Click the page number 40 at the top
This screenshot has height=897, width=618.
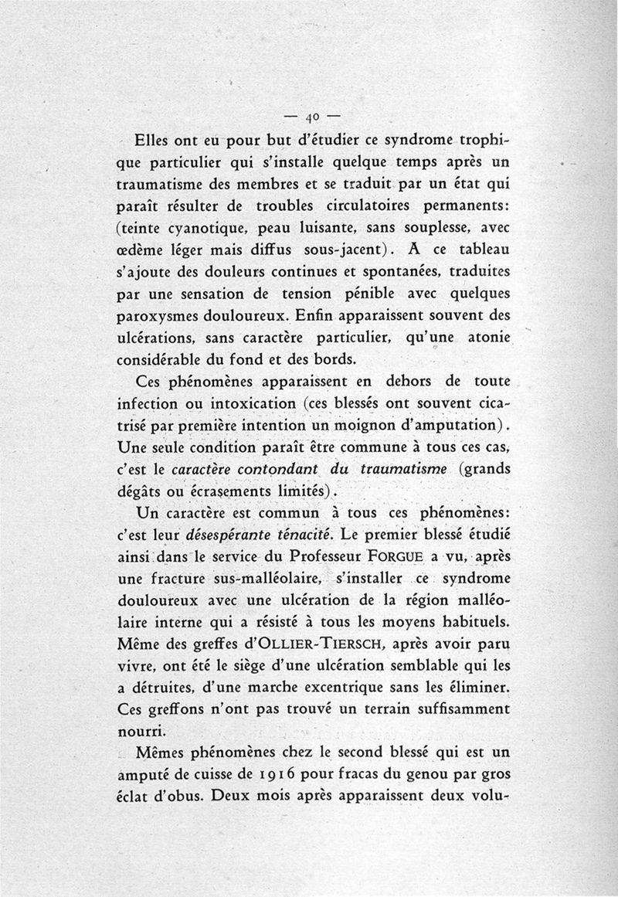[312, 117]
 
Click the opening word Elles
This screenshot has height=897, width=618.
[156, 142]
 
